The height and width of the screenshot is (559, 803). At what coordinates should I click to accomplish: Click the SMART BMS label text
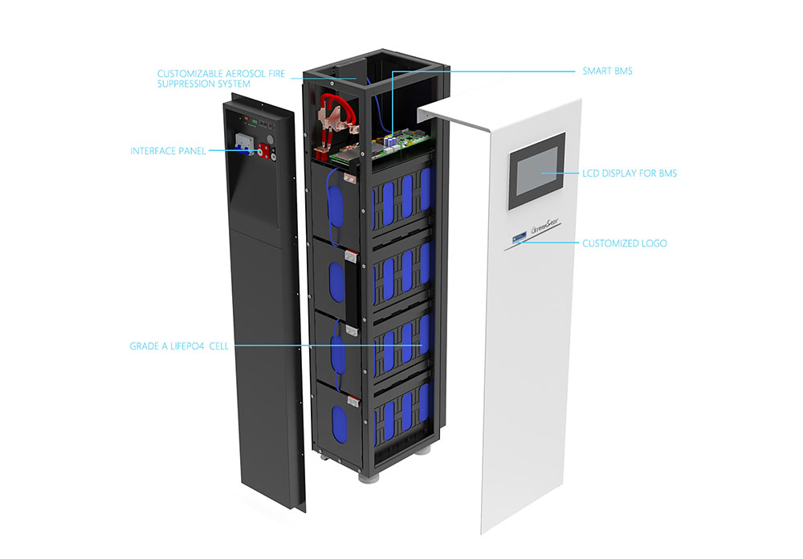pyautogui.click(x=607, y=71)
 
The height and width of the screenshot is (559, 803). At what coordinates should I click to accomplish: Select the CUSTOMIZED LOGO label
pyautogui.click(x=624, y=243)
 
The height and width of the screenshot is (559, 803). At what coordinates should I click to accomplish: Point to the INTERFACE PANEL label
pyautogui.click(x=168, y=150)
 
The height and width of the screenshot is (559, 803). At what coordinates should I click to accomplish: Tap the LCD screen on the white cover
pyautogui.click(x=537, y=172)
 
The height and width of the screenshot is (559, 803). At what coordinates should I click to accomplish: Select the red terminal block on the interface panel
pyautogui.click(x=260, y=148)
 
